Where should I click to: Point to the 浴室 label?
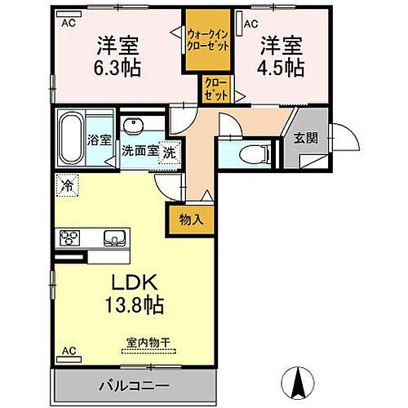100,140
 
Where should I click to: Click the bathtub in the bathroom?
72,140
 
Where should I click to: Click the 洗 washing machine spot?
168,151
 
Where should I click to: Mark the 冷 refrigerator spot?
67,186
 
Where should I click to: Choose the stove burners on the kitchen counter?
69,238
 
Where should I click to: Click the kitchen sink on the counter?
114,238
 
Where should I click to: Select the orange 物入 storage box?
184,218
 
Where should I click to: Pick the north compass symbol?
299,382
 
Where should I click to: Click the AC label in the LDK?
69,352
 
